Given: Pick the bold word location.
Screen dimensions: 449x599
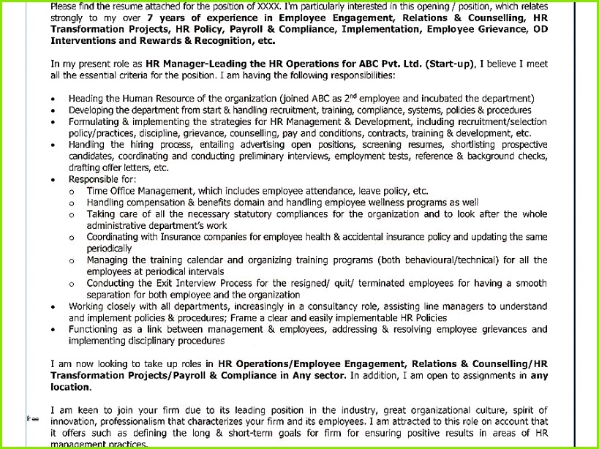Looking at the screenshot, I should (x=69, y=387).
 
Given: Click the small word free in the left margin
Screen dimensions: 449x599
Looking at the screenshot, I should (x=32, y=419).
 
